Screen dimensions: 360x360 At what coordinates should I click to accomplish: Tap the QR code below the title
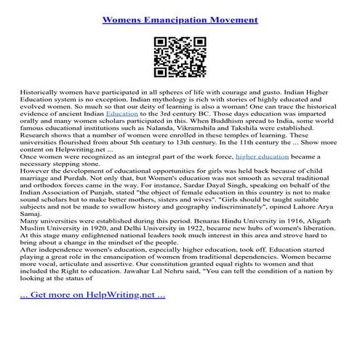pyautogui.click(x=179, y=54)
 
